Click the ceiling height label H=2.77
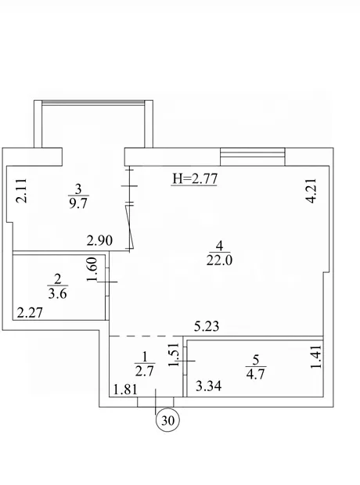click(x=195, y=179)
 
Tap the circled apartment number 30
click(x=167, y=420)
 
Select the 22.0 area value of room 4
click(x=219, y=260)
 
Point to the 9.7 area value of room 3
click(x=78, y=203)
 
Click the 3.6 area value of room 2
click(x=58, y=293)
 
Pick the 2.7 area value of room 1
click(x=145, y=371)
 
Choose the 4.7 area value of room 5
click(x=256, y=374)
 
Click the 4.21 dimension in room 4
click(x=311, y=190)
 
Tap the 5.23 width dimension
click(x=207, y=326)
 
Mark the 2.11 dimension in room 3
click(x=21, y=191)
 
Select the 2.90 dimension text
click(x=99, y=241)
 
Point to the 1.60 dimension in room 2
click(x=92, y=270)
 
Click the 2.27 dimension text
click(x=30, y=313)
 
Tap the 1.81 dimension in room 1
click(x=125, y=390)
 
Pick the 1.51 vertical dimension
click(x=173, y=354)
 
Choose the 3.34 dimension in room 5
click(x=209, y=386)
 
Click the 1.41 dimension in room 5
click(x=316, y=357)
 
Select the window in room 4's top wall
click(x=252, y=156)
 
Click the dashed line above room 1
click(x=146, y=336)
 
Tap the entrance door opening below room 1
click(x=156, y=402)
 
